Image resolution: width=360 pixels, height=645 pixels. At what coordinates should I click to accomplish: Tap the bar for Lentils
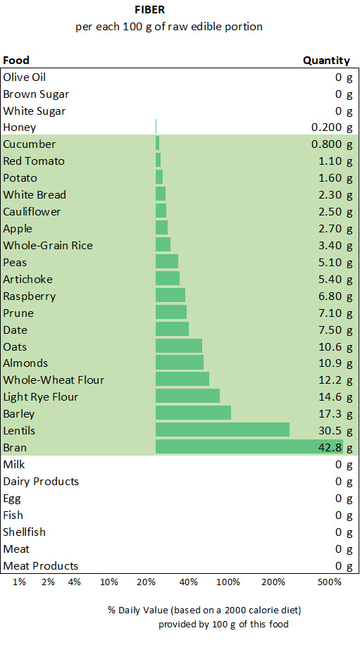pos(223,430)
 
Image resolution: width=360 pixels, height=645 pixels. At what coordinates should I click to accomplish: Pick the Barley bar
pos(193,413)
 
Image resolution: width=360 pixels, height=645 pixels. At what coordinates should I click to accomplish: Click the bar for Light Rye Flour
pos(187,396)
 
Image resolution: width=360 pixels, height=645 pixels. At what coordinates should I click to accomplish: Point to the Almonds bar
pos(180,363)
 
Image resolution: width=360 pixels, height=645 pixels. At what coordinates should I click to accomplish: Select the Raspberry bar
pos(170,296)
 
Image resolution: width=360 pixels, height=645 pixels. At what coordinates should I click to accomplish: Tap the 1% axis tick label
pos(19,582)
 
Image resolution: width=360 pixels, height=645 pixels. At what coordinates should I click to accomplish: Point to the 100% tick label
pos(228,582)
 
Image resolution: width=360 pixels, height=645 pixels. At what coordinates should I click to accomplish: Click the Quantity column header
pos(326,61)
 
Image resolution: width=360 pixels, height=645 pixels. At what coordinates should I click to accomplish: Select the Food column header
pos(16,61)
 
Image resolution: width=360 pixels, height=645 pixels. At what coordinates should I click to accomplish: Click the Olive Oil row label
pos(25,77)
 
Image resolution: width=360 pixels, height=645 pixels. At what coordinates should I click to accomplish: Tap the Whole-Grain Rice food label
pos(48,245)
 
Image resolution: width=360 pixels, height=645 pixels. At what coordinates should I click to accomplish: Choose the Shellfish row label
pos(25,532)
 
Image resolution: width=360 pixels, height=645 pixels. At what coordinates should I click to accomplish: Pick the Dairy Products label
pos(41,481)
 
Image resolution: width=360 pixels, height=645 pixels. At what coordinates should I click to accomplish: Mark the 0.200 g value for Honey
pos(331,127)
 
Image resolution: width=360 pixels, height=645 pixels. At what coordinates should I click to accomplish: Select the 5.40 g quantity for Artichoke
pos(335,279)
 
